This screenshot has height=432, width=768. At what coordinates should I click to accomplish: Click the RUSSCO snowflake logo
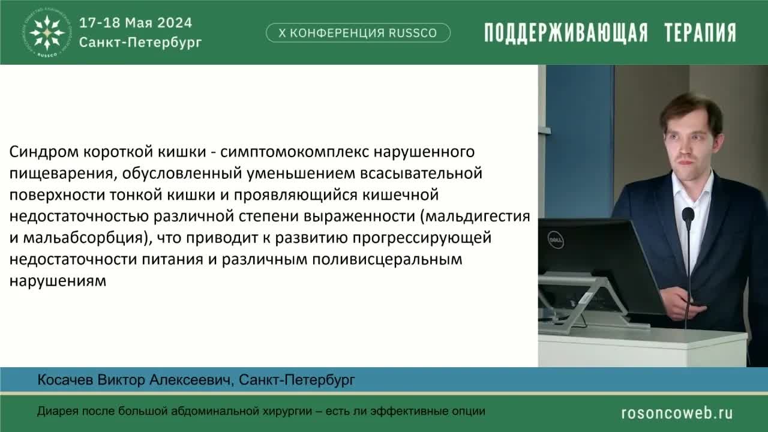click(x=47, y=32)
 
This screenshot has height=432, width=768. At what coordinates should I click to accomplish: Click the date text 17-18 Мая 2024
click(x=136, y=23)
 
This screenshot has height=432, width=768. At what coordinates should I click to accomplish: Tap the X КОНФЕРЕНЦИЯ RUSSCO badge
click(x=358, y=33)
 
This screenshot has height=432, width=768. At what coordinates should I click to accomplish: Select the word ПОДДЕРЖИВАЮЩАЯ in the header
click(x=566, y=33)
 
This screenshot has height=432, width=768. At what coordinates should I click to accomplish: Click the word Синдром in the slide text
click(x=39, y=152)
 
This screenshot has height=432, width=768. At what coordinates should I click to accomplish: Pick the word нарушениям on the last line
click(x=58, y=281)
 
